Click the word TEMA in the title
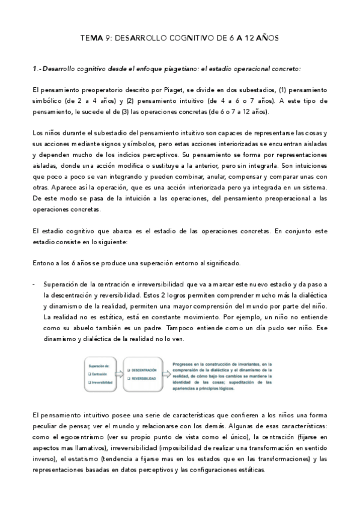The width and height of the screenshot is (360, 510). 92,38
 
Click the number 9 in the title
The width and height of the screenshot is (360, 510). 109,38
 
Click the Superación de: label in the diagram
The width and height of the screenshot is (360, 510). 97,365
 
